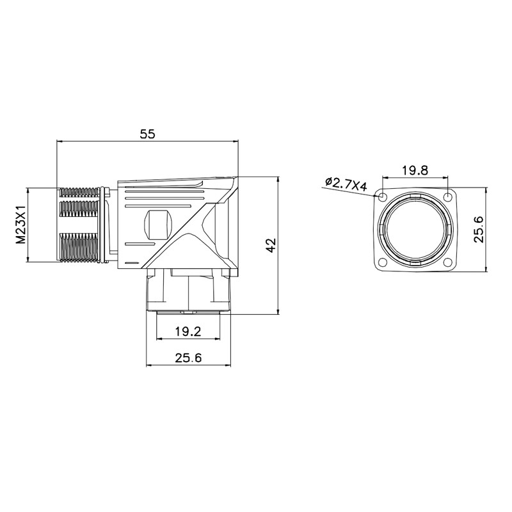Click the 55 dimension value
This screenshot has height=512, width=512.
148,134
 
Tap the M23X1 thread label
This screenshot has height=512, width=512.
21,225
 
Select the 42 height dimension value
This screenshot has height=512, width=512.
271,245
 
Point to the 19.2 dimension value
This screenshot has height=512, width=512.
188,332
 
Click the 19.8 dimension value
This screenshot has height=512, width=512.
414,170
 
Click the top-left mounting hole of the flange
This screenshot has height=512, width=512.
381,197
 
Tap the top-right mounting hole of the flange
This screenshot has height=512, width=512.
447,196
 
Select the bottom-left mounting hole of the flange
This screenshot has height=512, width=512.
381,262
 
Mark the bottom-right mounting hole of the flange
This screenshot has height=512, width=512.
447,262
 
